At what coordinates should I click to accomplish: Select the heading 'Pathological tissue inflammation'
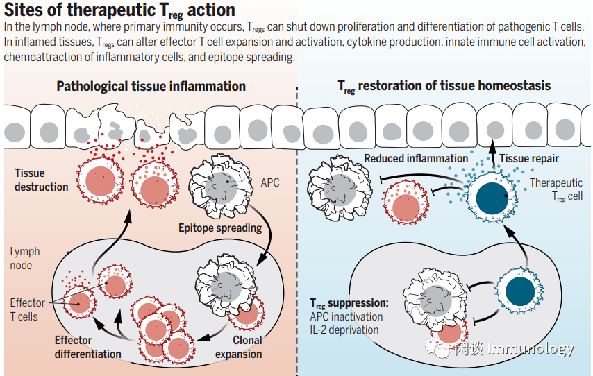click(151, 87)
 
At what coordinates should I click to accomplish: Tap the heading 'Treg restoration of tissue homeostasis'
click(444, 87)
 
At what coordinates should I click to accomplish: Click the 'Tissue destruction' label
click(42, 180)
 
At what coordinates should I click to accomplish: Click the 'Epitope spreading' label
click(220, 228)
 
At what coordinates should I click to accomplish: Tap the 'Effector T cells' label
click(28, 309)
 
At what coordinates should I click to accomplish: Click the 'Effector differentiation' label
click(88, 347)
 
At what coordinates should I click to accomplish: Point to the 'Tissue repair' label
click(529, 159)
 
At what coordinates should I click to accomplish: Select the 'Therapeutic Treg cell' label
click(556, 189)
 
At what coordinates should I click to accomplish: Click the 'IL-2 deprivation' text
click(344, 330)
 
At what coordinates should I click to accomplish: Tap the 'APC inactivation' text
click(346, 316)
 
